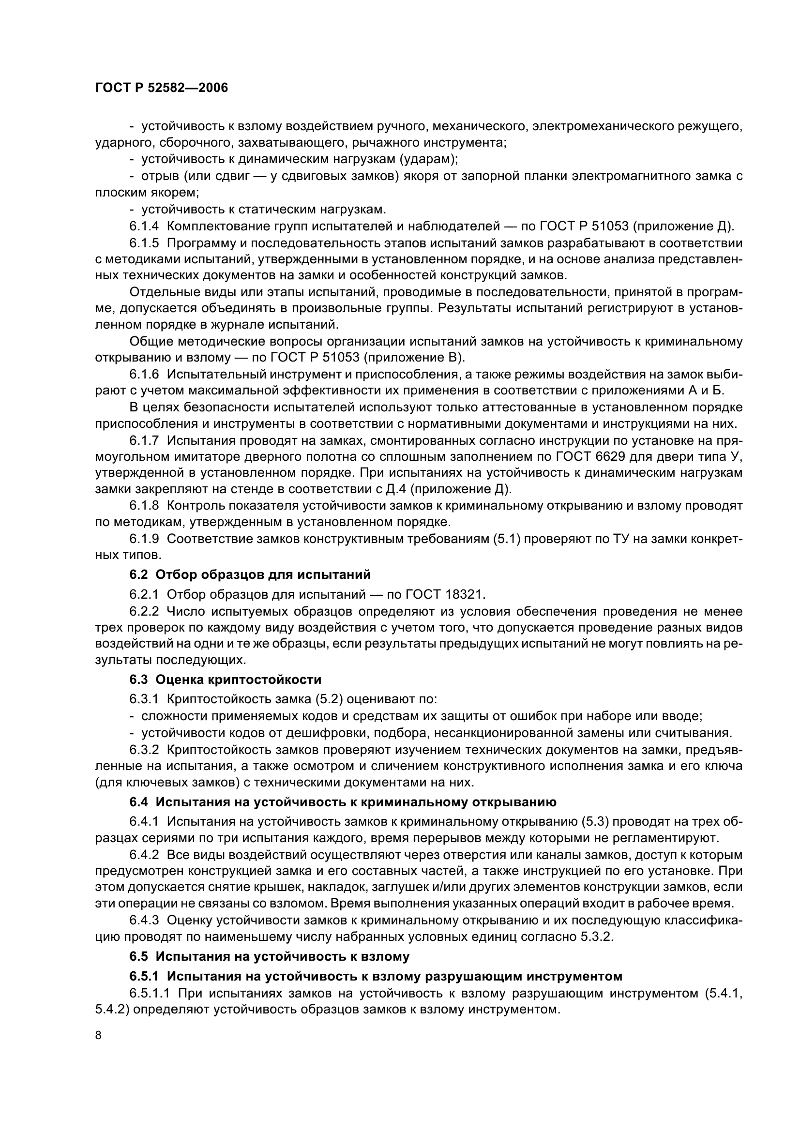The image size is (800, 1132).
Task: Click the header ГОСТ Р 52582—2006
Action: click(x=161, y=88)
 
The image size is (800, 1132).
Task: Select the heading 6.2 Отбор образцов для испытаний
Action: click(x=250, y=574)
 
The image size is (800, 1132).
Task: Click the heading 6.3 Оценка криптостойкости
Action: click(x=225, y=679)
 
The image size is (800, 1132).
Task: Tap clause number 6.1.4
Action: click(x=144, y=226)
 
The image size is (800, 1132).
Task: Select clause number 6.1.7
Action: click(x=144, y=440)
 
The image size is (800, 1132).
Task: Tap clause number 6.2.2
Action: click(x=144, y=612)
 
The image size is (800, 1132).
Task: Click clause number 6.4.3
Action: click(x=144, y=920)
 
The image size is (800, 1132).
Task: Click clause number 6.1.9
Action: click(x=144, y=539)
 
